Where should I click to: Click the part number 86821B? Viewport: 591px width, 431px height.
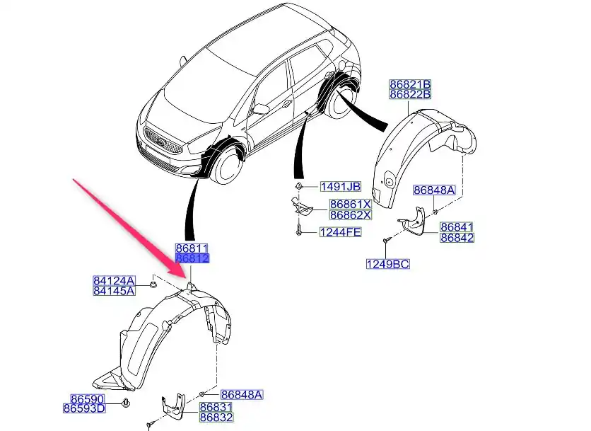[x=410, y=84]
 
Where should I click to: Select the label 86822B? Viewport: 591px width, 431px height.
[x=410, y=94]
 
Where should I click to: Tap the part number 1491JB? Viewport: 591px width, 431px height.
[x=340, y=187]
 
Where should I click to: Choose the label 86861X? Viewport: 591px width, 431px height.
[x=349, y=205]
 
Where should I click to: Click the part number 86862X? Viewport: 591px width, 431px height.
[x=349, y=214]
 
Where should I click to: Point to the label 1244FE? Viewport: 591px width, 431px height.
[x=340, y=231]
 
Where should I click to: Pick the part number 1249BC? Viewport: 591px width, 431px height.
[x=387, y=265]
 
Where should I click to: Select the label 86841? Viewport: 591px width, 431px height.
[x=457, y=228]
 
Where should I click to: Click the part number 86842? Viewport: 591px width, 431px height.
[x=457, y=238]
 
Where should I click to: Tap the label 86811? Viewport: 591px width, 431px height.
[x=192, y=249]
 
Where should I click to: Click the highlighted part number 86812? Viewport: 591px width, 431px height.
[x=192, y=259]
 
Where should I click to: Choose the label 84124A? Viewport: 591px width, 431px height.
[x=114, y=280]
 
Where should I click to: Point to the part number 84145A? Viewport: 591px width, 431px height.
[x=114, y=290]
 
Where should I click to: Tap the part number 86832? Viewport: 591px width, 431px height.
[x=216, y=418]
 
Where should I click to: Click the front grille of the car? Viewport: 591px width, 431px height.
[x=160, y=137]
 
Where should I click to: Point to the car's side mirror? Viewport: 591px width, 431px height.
[x=262, y=109]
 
